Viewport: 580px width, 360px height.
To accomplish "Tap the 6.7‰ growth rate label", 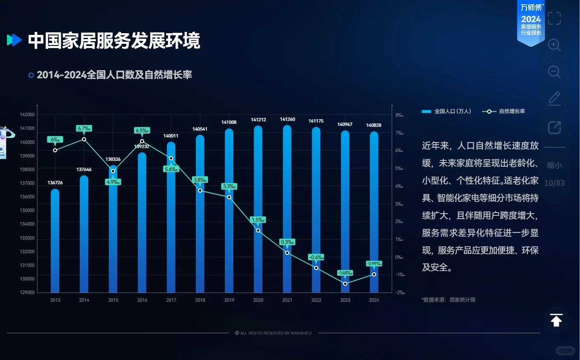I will click(x=84, y=129).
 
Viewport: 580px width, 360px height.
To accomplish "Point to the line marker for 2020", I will click(x=258, y=230).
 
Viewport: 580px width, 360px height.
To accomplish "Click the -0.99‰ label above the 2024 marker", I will click(x=374, y=264).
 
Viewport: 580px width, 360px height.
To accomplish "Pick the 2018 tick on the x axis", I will click(x=200, y=300).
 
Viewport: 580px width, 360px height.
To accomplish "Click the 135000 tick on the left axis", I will click(x=27, y=211).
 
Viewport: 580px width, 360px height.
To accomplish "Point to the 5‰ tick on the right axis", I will click(x=399, y=169).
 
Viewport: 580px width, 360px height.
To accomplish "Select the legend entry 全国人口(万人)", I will click(x=447, y=111).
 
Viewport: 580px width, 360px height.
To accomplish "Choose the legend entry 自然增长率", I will click(x=504, y=111).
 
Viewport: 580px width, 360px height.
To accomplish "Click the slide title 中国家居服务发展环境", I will click(x=114, y=41).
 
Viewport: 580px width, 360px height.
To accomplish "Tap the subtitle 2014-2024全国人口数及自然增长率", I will click(x=114, y=75).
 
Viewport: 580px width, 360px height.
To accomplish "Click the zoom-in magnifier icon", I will click(x=554, y=45).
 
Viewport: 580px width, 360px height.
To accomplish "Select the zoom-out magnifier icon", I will click(x=554, y=72).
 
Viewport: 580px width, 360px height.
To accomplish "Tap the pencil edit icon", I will click(x=554, y=99).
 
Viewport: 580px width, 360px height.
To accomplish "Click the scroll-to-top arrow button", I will click(x=556, y=320).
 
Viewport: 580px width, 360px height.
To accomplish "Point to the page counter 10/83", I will click(x=554, y=183).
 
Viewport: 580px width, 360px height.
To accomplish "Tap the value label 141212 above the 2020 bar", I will click(x=258, y=120).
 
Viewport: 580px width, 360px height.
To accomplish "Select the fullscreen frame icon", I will click(x=554, y=18).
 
